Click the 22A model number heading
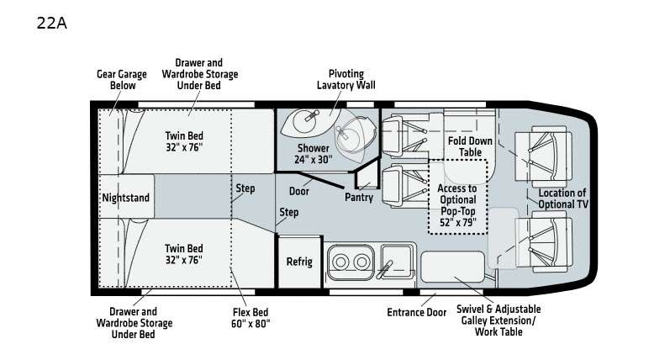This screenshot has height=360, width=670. point(52,23)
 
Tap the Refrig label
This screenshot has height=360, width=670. point(299,262)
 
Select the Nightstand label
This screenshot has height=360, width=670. point(125,198)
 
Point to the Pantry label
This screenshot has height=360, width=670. point(359,197)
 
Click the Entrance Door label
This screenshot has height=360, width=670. point(417,312)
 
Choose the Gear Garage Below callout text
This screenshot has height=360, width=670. point(122,80)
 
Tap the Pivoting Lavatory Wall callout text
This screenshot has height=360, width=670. point(346,80)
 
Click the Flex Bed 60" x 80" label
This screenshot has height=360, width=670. point(251,318)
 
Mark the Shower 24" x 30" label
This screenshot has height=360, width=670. point(314,154)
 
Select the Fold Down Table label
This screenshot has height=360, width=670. point(470,146)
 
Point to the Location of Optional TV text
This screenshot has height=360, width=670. point(562,199)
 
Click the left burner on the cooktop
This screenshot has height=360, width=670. point(340,262)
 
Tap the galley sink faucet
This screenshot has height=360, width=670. point(384,269)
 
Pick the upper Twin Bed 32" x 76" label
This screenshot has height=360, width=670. point(184,141)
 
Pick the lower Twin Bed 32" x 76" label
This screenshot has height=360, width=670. point(184,254)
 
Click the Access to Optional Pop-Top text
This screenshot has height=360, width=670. point(457,199)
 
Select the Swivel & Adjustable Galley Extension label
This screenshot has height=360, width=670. point(499,320)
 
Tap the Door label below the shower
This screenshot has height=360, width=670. point(298,191)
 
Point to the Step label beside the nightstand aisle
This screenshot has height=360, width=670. point(245,188)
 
